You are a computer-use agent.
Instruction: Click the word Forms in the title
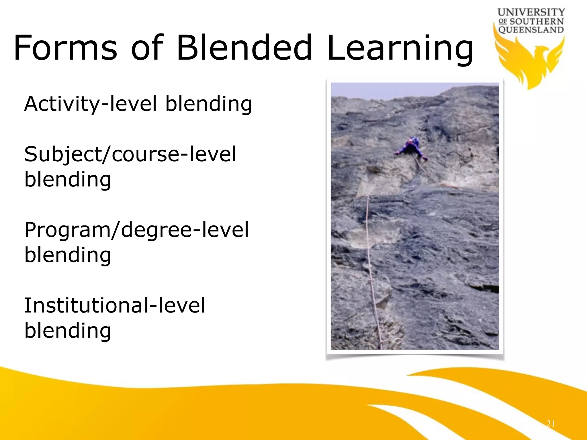65,48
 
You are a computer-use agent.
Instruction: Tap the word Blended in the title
244,48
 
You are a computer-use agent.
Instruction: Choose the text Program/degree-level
136,230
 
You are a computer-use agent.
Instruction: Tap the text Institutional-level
115,305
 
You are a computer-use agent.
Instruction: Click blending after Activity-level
209,104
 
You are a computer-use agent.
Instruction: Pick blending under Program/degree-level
68,255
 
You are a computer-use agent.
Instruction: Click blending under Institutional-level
68,331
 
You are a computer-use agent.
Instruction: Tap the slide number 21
550,423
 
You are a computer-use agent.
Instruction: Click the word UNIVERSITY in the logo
531,12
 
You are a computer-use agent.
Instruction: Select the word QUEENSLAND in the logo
531,30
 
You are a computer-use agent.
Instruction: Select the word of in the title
147,48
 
